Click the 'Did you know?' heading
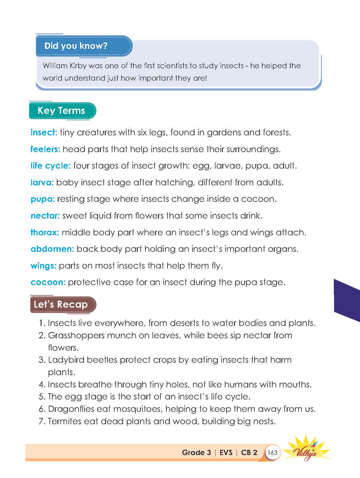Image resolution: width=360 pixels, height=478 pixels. coord(76,46)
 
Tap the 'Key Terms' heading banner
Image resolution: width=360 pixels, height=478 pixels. coord(62,111)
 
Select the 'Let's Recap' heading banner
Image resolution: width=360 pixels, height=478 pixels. coord(61,304)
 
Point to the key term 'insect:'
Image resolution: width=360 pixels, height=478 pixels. coord(44,132)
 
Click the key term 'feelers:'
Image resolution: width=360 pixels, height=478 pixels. coord(45,149)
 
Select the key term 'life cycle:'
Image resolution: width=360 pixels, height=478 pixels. coord(51,166)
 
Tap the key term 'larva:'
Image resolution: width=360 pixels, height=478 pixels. coord(42,182)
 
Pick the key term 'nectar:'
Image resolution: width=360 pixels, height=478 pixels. coord(45,216)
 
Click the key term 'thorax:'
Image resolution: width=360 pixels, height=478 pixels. coord(45,232)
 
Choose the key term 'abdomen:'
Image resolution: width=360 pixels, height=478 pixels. coord(52,249)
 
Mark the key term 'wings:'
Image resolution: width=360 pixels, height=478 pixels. coord(43,266)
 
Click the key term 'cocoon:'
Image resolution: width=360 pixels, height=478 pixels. coord(48,282)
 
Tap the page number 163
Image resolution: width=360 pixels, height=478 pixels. coord(273,452)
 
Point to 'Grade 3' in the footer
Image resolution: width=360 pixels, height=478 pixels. coord(196,452)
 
